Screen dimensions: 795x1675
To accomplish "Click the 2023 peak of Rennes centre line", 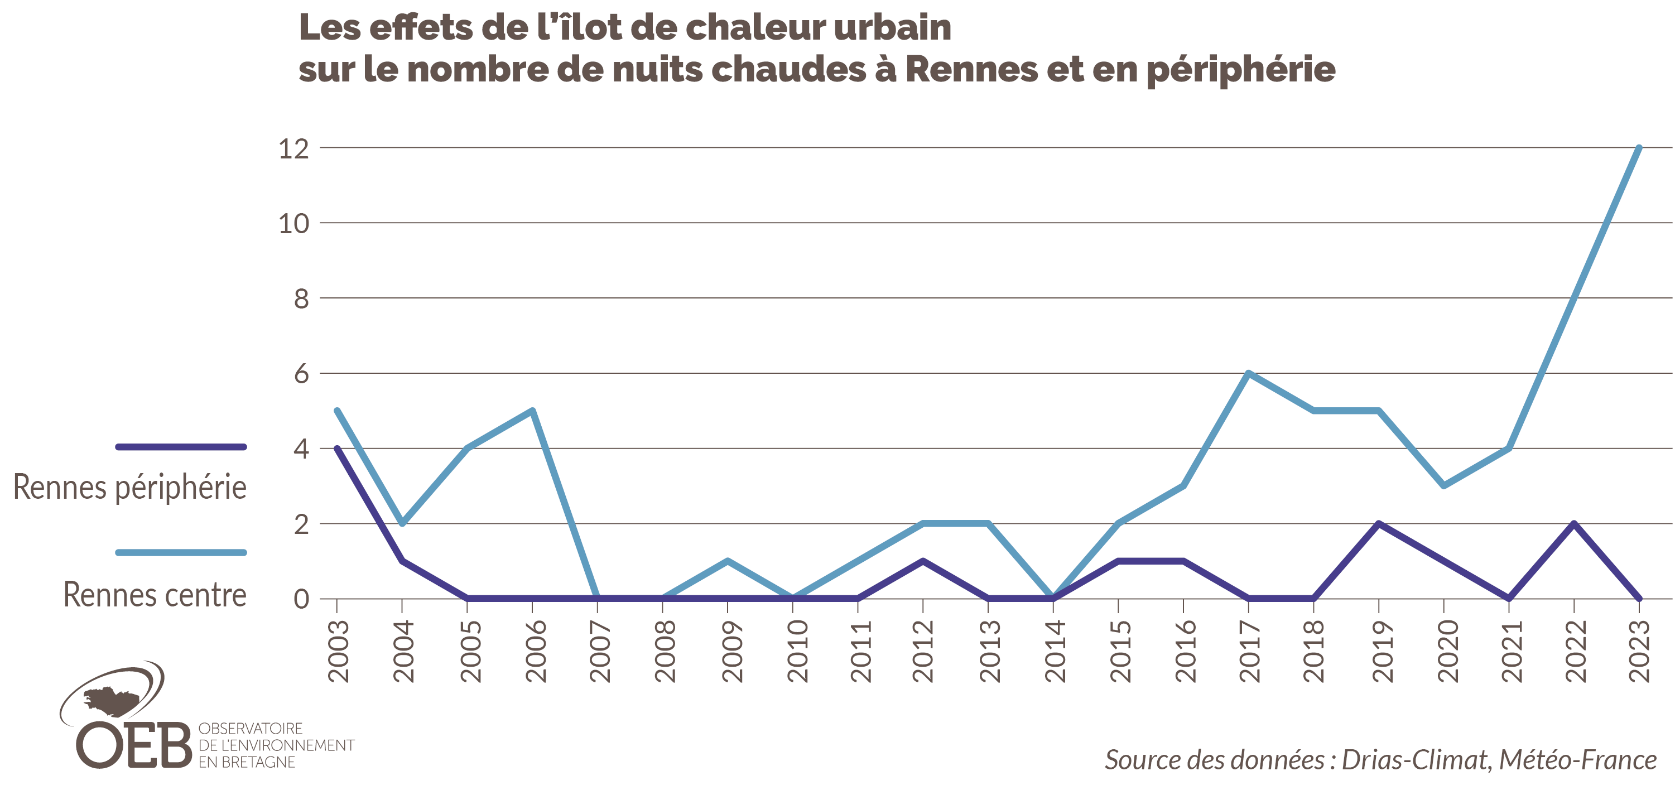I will [1639, 148].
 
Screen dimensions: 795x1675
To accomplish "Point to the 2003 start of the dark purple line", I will [337, 448].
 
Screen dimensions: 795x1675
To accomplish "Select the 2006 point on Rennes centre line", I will [532, 411].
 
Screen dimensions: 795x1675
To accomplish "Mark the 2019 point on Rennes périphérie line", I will [1379, 523].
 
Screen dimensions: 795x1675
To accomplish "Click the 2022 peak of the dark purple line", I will [1573, 523].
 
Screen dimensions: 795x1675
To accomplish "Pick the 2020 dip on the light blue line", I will [1443, 485].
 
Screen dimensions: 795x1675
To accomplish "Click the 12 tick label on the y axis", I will [293, 150].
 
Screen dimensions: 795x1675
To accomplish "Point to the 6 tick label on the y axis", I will [301, 374].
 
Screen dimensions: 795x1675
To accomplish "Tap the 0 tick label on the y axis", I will [301, 599].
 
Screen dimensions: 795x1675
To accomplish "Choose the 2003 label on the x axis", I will [339, 651].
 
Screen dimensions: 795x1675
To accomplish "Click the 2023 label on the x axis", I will [1640, 651].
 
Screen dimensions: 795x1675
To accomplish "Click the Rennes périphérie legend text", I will [130, 488].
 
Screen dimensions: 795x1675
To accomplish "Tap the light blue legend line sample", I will [181, 552].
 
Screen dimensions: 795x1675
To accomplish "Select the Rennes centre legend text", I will [155, 595].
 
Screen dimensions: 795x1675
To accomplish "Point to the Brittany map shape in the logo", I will [112, 701].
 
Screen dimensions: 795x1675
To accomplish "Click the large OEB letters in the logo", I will [133, 745].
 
